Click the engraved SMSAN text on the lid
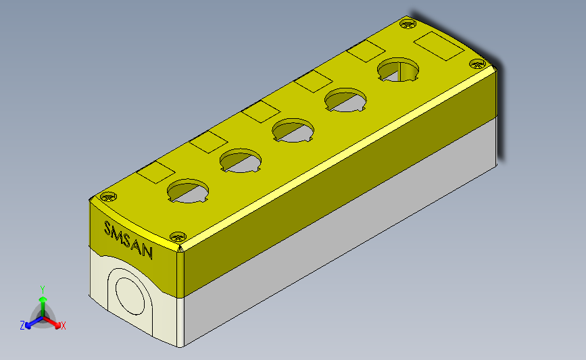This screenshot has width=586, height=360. (128, 240)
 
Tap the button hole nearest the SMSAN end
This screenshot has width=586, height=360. (188, 191)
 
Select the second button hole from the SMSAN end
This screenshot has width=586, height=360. (241, 161)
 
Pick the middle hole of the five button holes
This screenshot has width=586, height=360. (293, 130)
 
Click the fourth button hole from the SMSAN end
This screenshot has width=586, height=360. (345, 100)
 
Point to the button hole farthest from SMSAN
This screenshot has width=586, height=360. (398, 70)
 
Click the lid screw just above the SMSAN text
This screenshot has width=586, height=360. (109, 197)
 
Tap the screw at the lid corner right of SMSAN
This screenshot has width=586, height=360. (178, 237)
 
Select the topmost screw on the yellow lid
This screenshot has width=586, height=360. (408, 24)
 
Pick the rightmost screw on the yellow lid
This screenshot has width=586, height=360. (477, 64)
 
